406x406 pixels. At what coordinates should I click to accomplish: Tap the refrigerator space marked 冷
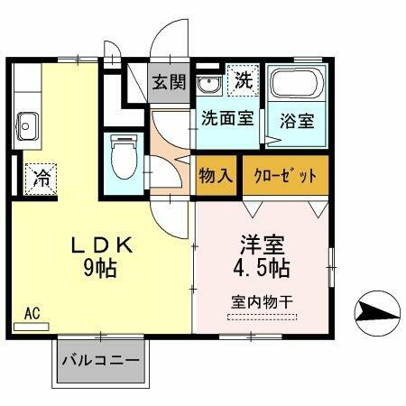42,176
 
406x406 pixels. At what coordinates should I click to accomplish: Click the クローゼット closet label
285,174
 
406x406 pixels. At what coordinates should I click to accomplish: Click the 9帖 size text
102,268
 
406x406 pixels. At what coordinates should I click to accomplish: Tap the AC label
32,313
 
